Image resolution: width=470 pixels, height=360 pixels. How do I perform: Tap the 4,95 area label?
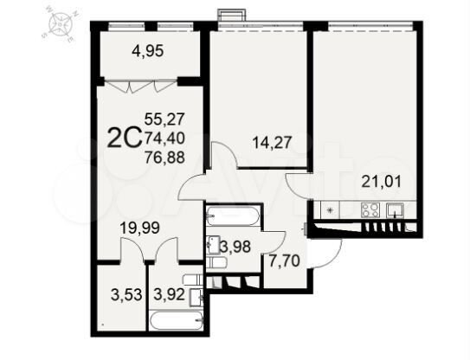click(x=148, y=50)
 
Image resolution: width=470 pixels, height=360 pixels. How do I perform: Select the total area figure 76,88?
click(x=164, y=157)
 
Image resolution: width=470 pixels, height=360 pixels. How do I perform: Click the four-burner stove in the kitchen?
click(x=370, y=209)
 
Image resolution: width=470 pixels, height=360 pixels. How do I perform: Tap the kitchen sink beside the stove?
click(x=396, y=209)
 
